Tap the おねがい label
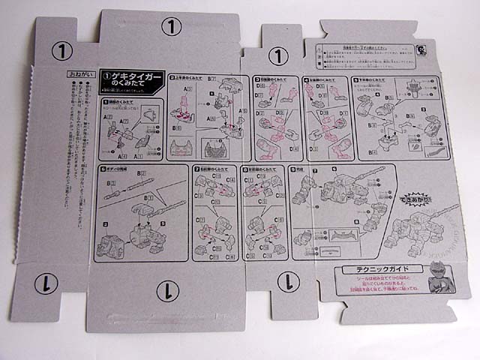pos(76,75)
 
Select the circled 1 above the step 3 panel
pos(278,55)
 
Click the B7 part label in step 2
pos(214,79)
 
